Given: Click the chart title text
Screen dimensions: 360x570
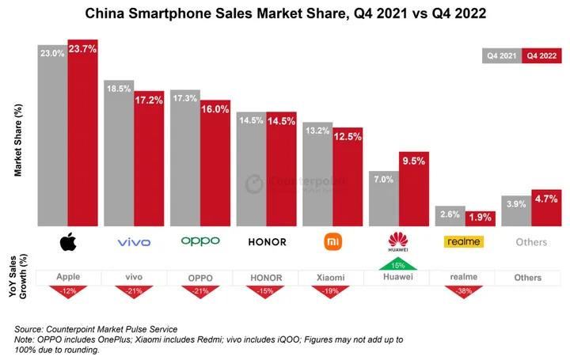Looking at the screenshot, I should coord(285,13).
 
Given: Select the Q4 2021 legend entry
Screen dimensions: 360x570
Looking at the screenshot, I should coord(502,56).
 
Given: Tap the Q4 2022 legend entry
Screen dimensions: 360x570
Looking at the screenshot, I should coord(542,56).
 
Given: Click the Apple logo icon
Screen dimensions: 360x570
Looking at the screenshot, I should coord(68,241).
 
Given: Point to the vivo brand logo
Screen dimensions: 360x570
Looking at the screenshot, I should coord(134,242).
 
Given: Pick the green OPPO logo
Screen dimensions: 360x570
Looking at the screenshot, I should coord(200,241).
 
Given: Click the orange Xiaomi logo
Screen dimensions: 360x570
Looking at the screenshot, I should coord(332,241).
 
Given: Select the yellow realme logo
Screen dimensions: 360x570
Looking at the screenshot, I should coord(463,241).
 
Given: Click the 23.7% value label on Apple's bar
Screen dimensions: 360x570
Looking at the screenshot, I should coord(82,49).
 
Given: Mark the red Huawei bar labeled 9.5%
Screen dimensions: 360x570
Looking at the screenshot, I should coord(413,190).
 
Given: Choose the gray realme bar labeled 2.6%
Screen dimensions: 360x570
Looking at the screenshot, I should coord(450,217).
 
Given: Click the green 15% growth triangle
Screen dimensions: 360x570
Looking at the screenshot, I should coord(397,264).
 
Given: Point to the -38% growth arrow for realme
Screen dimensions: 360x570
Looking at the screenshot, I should coord(463,291).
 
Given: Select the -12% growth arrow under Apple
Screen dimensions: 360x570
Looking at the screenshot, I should coord(68,291).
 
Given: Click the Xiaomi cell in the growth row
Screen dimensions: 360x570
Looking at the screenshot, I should coord(331,278).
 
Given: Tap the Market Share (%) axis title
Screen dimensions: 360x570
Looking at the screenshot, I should coord(18,140).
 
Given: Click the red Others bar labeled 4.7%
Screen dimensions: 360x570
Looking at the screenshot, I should coord(546,209).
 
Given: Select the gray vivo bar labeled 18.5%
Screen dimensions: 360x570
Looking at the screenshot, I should coord(119,153).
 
